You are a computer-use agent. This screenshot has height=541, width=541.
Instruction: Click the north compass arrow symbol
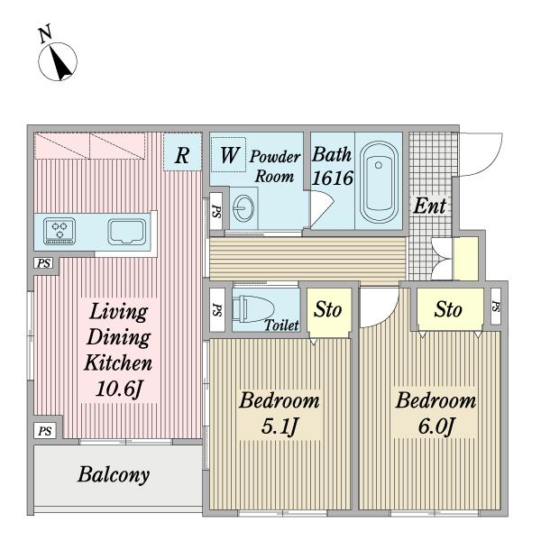pyautogui.click(x=58, y=61)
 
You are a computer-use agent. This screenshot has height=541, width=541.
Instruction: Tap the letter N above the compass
pyautogui.click(x=45, y=33)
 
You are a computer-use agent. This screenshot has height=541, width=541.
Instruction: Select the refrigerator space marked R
pyautogui.click(x=182, y=151)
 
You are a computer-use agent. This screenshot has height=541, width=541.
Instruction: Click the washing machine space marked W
pyautogui.click(x=228, y=154)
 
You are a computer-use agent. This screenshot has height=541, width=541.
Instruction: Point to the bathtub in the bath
pyautogui.click(x=379, y=182)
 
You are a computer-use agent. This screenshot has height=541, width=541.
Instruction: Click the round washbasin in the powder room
pyautogui.click(x=243, y=208)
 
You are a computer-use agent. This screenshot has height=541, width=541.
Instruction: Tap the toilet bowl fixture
pyautogui.click(x=252, y=308)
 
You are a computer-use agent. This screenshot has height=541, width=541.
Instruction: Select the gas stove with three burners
pyautogui.click(x=60, y=231)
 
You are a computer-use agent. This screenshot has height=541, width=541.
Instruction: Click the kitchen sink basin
pyautogui.click(x=126, y=232)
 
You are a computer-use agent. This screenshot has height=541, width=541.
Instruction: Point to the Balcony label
pyautogui.click(x=114, y=475)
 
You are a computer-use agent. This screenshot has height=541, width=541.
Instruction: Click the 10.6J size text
pyautogui.click(x=118, y=389)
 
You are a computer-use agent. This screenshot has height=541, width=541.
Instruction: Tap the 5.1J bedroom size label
pyautogui.click(x=280, y=426)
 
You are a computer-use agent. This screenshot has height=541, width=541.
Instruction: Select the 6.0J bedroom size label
pyautogui.click(x=436, y=426)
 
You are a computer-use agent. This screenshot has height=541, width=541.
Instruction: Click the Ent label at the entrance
pyautogui.click(x=430, y=206)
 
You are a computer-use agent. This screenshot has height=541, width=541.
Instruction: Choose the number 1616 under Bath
pyautogui.click(x=333, y=178)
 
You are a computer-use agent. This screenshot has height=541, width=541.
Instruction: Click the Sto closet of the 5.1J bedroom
pyautogui.click(x=329, y=312)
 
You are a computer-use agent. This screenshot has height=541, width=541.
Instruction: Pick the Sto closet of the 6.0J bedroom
pyautogui.click(x=450, y=309)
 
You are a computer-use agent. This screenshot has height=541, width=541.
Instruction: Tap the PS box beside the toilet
pyautogui.click(x=217, y=309)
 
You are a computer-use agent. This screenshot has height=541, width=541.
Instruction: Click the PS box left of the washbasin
pyautogui.click(x=216, y=211)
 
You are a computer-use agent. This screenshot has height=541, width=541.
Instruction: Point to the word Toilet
pyautogui.click(x=281, y=325)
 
